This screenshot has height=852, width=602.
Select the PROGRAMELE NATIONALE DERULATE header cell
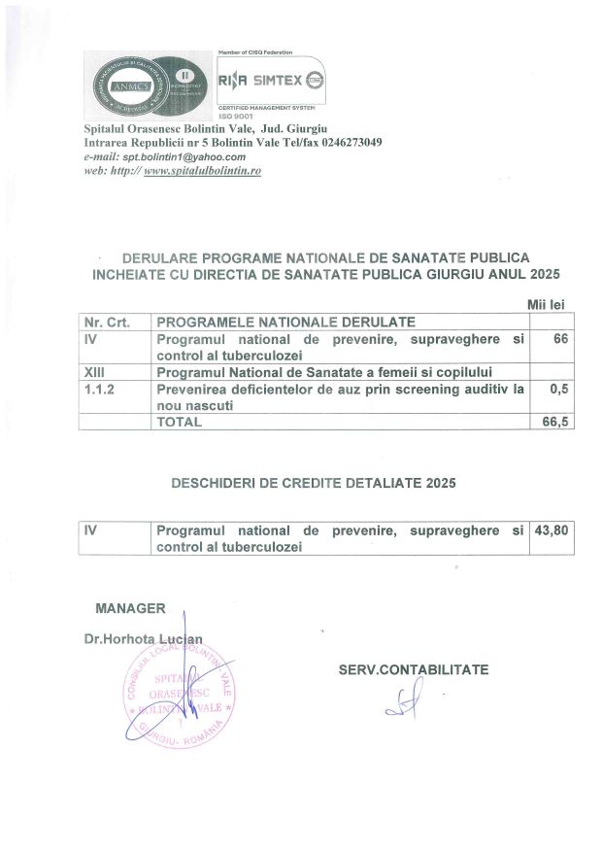[285, 322]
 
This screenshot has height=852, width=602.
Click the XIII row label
[94, 372]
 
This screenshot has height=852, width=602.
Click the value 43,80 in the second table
[550, 530]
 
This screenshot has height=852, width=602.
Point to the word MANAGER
[130, 608]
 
